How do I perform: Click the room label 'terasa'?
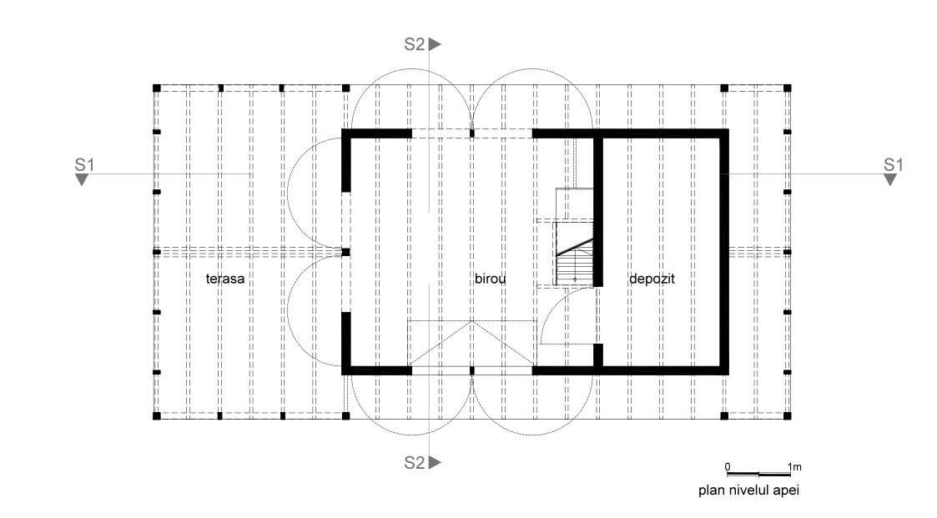coord(225,279)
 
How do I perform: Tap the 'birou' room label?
coord(491,279)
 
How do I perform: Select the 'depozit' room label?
coord(651,279)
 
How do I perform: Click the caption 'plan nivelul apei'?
coord(748,490)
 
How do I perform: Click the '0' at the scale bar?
coord(727,466)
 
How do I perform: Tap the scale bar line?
coord(758,474)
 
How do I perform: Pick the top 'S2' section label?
coord(415,44)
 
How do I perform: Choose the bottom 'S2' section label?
coord(415,461)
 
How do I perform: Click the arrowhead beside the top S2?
coord(436,44)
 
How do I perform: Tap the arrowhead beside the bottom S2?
coord(436,461)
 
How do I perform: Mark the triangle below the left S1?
coord(82,179)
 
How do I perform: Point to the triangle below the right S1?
coord(890,179)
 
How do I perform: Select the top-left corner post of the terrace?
coord(156,88)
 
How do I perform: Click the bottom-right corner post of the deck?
coord(787,415)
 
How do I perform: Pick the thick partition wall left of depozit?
coord(598,209)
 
